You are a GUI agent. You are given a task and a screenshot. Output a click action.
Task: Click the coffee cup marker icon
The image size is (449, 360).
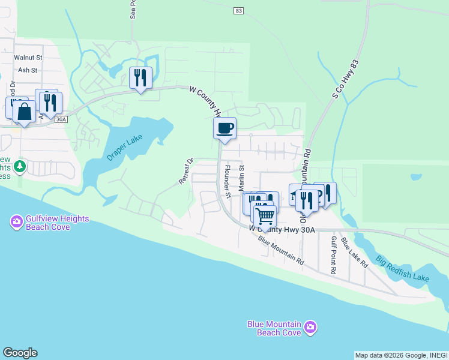tap(224, 128)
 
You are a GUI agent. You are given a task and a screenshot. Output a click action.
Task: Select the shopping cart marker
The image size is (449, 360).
tap(264, 215)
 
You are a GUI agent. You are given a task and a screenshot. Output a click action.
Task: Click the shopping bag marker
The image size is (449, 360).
tap(24, 111)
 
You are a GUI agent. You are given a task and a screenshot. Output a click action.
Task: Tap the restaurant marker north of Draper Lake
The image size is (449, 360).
tap(140, 77)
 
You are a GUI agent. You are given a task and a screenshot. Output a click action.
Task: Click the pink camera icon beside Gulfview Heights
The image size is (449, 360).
tap(16, 223)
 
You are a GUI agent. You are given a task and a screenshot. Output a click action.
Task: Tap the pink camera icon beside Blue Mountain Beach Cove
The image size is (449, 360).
tap(310, 328)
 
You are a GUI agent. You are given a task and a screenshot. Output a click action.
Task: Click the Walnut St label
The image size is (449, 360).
tap(28, 58)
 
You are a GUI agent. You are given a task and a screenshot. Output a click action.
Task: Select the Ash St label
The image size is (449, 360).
tap(28, 70)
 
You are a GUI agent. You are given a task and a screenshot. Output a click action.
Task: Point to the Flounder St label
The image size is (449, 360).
tap(228, 181)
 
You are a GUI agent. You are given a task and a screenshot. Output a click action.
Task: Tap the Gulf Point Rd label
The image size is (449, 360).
tap(334, 255)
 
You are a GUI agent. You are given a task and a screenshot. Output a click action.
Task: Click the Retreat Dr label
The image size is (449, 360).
tap(185, 171)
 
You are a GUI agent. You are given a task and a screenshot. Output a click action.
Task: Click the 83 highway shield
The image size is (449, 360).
tap(239, 11)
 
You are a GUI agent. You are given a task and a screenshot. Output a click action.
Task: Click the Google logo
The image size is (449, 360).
tap(20, 353)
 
